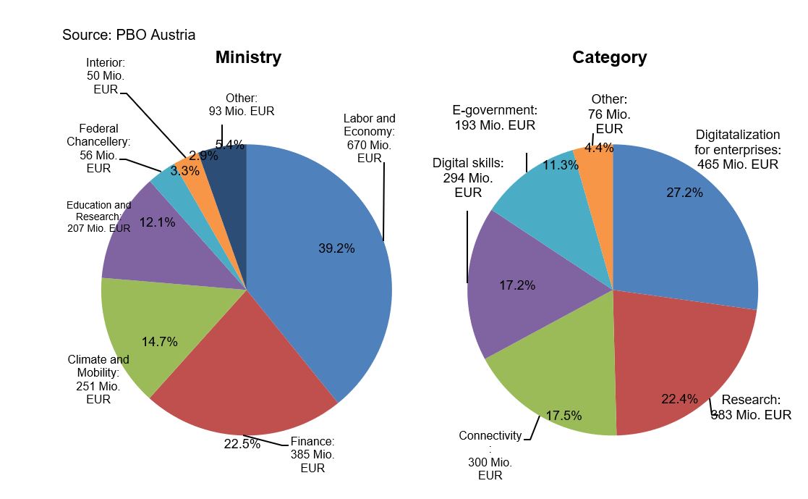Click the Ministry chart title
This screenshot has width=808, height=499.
(x=248, y=57)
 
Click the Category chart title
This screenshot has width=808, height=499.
(x=609, y=57)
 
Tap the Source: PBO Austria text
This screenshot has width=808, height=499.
(x=129, y=35)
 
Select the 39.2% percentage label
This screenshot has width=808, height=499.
(x=336, y=248)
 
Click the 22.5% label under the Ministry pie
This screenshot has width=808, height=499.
(x=242, y=444)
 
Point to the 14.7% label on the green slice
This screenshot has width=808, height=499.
(x=159, y=342)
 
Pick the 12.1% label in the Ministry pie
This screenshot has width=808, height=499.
(x=157, y=222)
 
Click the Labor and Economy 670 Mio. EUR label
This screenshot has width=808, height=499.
(x=369, y=138)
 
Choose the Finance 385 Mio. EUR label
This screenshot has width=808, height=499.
(x=312, y=454)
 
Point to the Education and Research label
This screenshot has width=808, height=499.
(x=99, y=217)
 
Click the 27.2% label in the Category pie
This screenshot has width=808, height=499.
(x=684, y=193)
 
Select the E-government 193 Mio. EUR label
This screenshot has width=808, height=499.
(x=494, y=117)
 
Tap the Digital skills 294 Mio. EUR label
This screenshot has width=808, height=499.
(x=468, y=177)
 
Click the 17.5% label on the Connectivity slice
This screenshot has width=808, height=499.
(x=564, y=416)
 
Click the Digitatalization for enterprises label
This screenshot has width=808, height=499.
(x=738, y=149)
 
